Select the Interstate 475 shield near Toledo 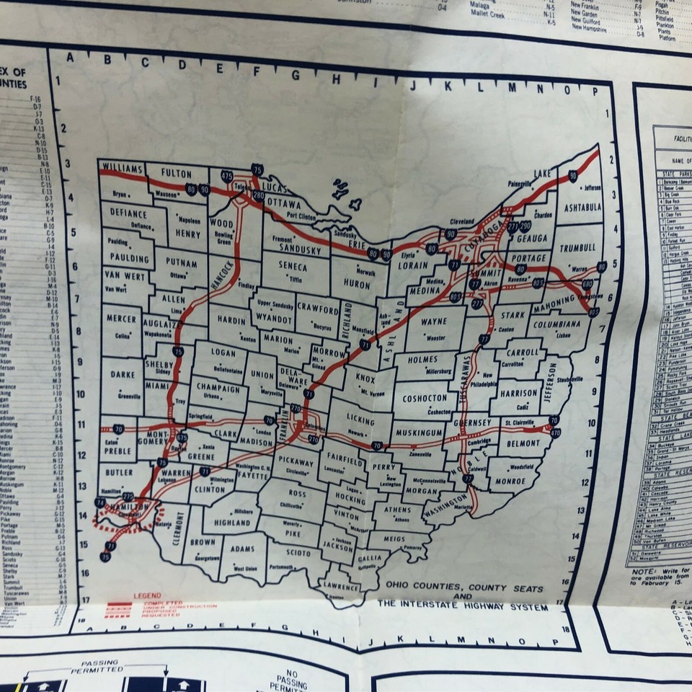tap(229, 176)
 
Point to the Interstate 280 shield tap(258, 195)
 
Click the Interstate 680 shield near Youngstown tap(587, 284)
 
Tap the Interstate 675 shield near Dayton tap(182, 437)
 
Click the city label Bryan tap(120, 195)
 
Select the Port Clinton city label tap(301, 214)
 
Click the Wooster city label tap(435, 337)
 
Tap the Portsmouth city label tap(281, 567)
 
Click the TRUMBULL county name tap(578, 247)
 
